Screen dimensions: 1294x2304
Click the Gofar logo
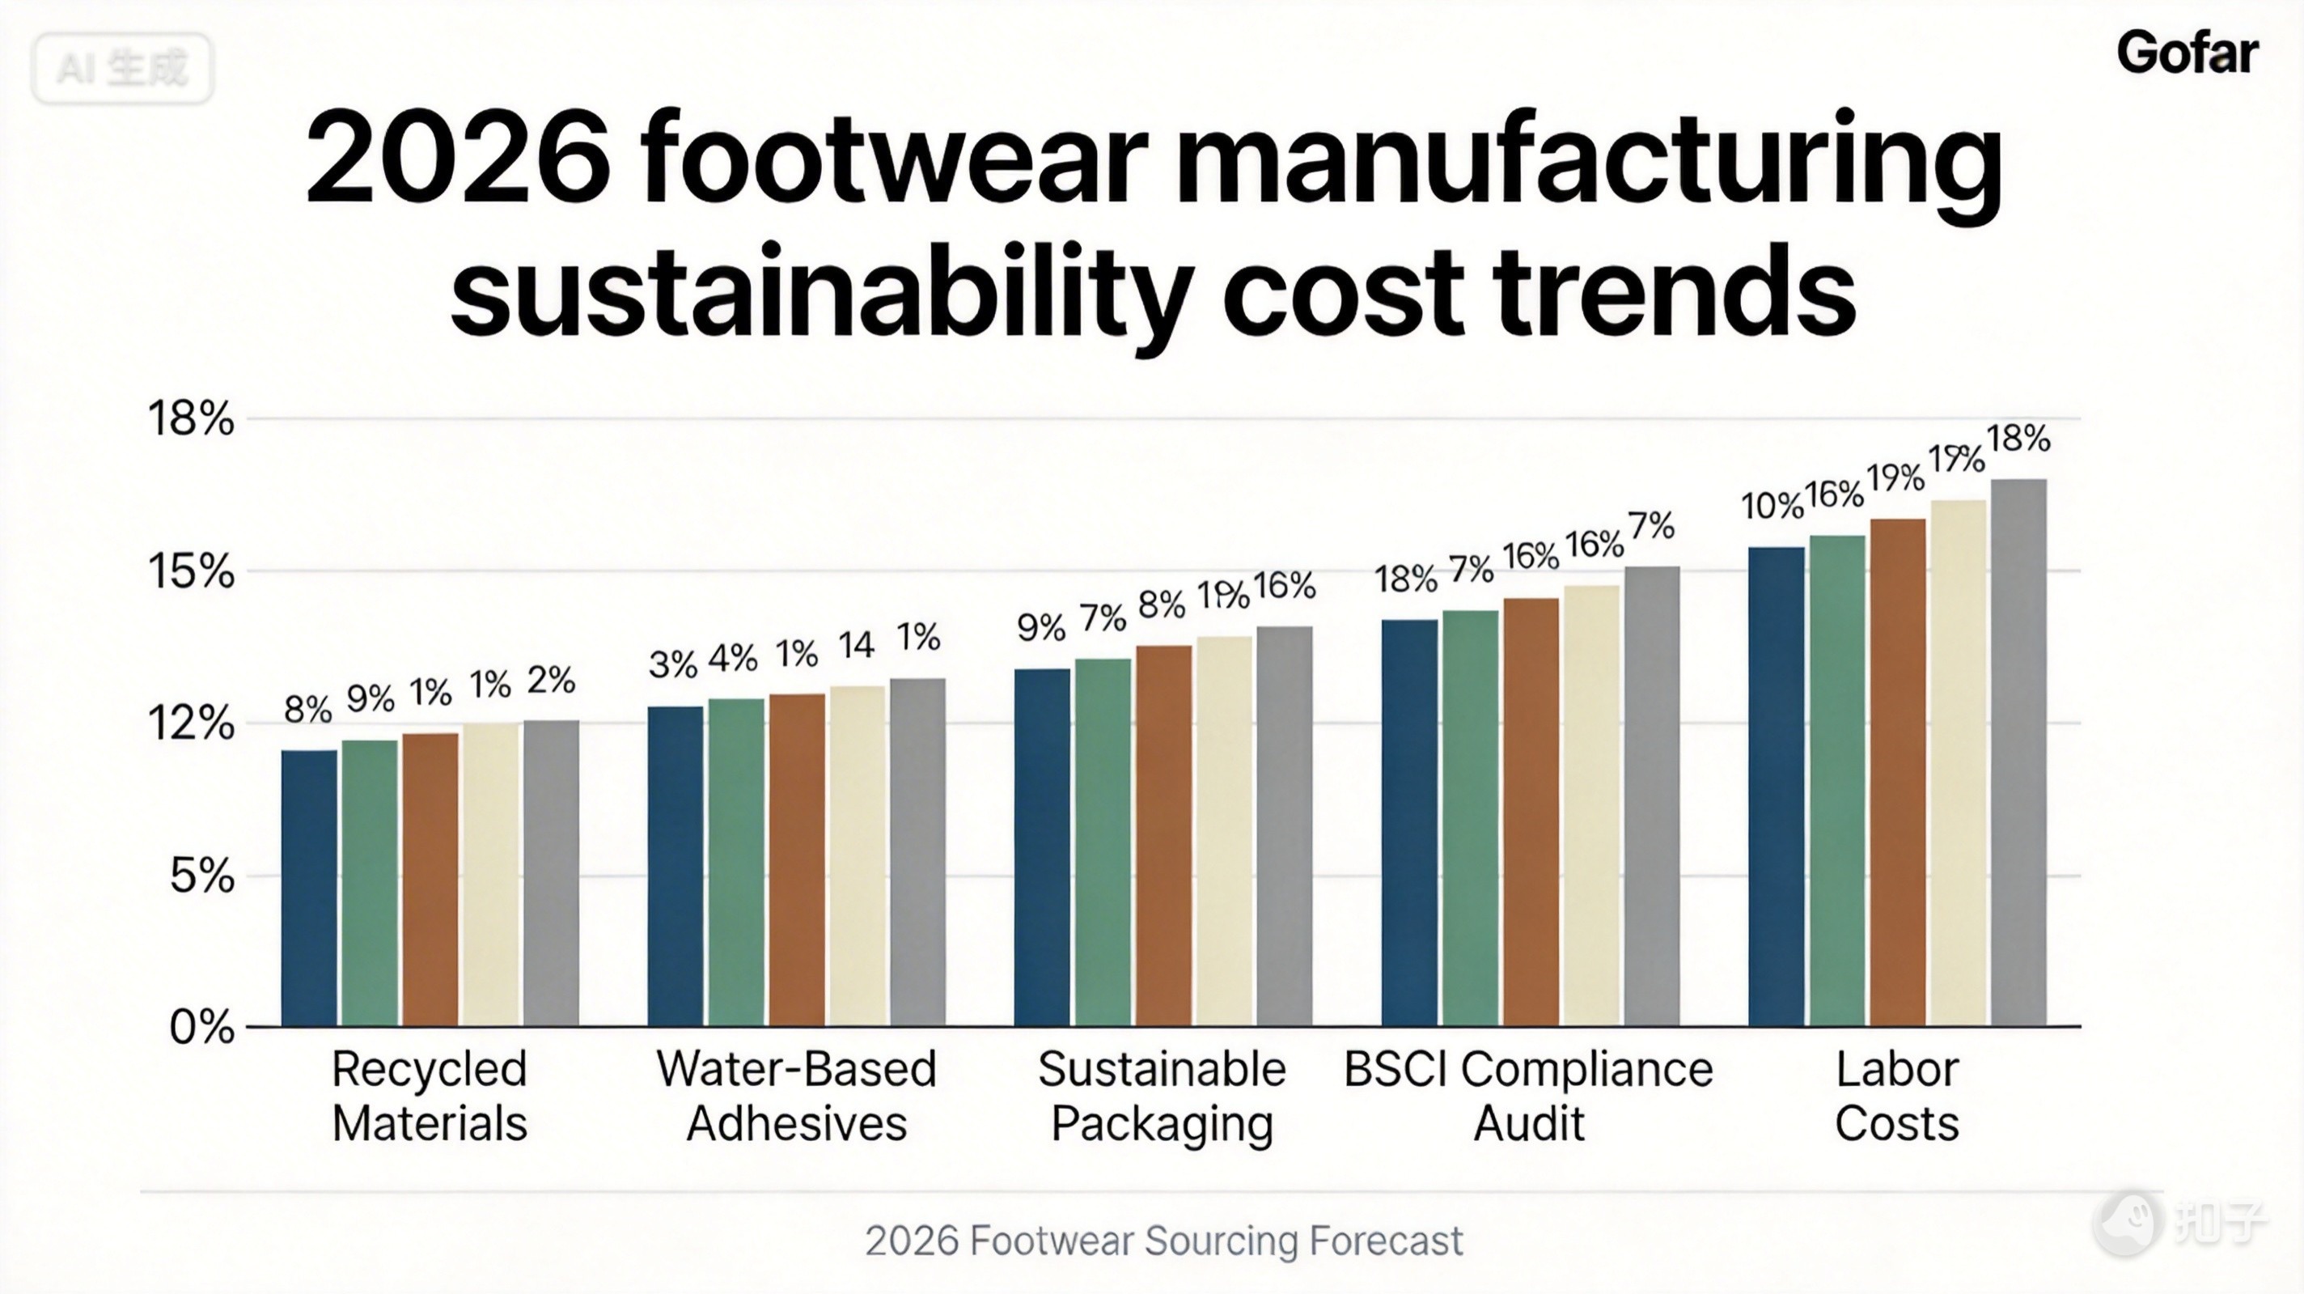pyautogui.click(x=2187, y=53)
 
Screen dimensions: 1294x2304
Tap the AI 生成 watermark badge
pyautogui.click(x=122, y=69)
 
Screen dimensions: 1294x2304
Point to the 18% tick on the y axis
pyautogui.click(x=190, y=419)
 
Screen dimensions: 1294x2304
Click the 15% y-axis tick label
pyautogui.click(x=190, y=571)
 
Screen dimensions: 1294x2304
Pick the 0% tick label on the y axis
pyautogui.click(x=202, y=1027)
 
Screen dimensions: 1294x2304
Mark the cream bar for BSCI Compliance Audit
pyautogui.click(x=1591, y=805)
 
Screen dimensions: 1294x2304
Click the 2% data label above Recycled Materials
pyautogui.click(x=550, y=681)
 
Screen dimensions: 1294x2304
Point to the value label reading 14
pyautogui.click(x=856, y=645)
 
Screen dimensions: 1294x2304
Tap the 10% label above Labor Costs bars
pyautogui.click(x=1772, y=507)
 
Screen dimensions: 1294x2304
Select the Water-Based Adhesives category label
pyautogui.click(x=796, y=1096)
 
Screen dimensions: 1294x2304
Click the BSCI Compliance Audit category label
pyautogui.click(x=1527, y=1096)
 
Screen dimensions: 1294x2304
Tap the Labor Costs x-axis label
pyautogui.click(x=1897, y=1096)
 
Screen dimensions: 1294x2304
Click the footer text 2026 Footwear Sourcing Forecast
pyautogui.click(x=1163, y=1241)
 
